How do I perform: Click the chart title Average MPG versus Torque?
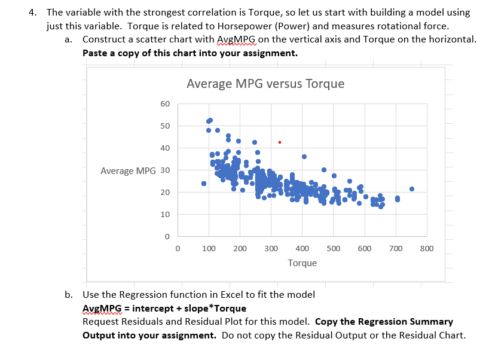[x=265, y=84]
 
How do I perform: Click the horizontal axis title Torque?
[x=302, y=263]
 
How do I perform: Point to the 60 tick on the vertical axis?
[x=165, y=104]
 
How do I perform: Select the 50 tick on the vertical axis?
[x=165, y=126]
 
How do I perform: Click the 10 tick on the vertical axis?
[x=165, y=215]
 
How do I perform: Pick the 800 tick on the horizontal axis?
[x=426, y=248]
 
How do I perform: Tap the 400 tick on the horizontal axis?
[x=302, y=248]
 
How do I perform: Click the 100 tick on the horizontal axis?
[x=209, y=248]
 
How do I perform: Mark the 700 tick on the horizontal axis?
[x=395, y=248]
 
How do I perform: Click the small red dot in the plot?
[x=280, y=142]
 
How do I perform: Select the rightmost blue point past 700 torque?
[x=411, y=189]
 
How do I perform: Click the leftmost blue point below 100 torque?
[x=204, y=184]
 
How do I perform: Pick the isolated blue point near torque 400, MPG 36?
[x=304, y=157]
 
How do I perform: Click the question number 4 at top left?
[x=35, y=12]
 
